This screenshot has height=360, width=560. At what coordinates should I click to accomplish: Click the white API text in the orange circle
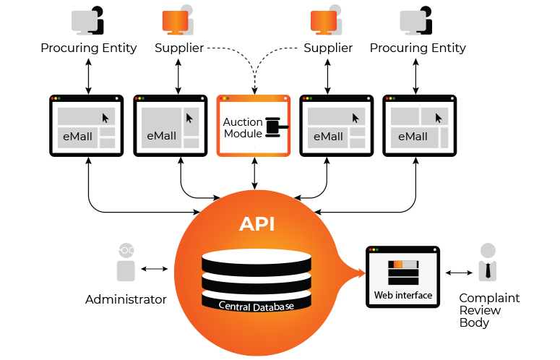[x=257, y=223]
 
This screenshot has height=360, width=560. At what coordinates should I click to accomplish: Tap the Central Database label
[x=257, y=306]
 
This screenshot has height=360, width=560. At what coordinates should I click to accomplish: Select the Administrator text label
[x=126, y=299]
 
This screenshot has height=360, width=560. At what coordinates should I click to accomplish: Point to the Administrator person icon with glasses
[x=126, y=262]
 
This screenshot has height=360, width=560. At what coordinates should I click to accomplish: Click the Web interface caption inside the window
[x=402, y=295]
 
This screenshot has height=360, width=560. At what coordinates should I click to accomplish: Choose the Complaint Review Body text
[x=489, y=310]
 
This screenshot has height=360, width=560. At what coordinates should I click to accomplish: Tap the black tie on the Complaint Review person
[x=489, y=272]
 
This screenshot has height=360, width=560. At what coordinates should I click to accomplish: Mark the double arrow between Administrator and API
[x=155, y=269]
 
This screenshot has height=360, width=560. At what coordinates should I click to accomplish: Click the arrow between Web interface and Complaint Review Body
[x=457, y=273]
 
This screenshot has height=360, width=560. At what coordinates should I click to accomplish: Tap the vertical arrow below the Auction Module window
[x=254, y=174]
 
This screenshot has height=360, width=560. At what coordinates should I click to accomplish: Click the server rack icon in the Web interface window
[x=402, y=273]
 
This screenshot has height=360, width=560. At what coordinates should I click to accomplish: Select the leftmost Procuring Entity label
[x=88, y=48]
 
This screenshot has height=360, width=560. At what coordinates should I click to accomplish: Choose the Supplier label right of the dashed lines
[x=328, y=48]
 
